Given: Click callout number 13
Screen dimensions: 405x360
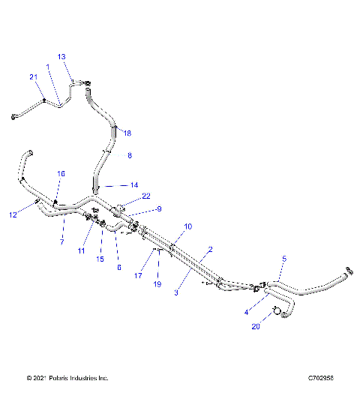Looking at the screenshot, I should [61, 57].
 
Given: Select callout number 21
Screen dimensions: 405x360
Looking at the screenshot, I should [33, 77].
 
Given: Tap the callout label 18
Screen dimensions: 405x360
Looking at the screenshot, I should [127, 133].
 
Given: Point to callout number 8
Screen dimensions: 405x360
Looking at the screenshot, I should [129, 155].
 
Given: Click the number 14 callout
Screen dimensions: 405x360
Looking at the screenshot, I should [134, 184].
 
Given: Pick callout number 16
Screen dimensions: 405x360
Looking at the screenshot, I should [61, 173].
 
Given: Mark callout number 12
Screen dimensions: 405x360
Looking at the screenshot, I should [13, 215].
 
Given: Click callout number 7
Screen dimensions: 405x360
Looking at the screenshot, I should [62, 241].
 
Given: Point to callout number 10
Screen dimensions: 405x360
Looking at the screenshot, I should [187, 226].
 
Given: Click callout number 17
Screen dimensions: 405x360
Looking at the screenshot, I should [139, 274].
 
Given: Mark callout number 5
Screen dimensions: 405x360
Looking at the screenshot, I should [283, 259].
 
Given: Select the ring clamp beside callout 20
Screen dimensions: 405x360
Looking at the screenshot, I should [276, 310].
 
